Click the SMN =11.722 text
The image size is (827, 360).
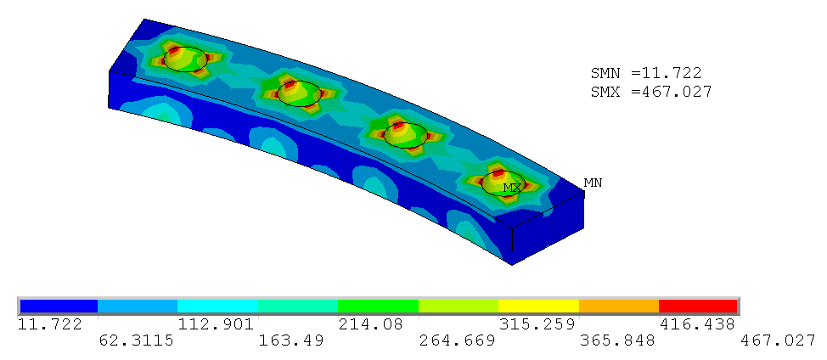coord(646,73)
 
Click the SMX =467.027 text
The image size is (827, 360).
coord(651,92)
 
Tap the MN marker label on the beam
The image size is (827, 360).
coord(593,183)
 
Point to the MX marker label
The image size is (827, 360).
coord(513,188)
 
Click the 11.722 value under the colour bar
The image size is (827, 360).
coord(50,324)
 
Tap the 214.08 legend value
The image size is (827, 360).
coord(370,324)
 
